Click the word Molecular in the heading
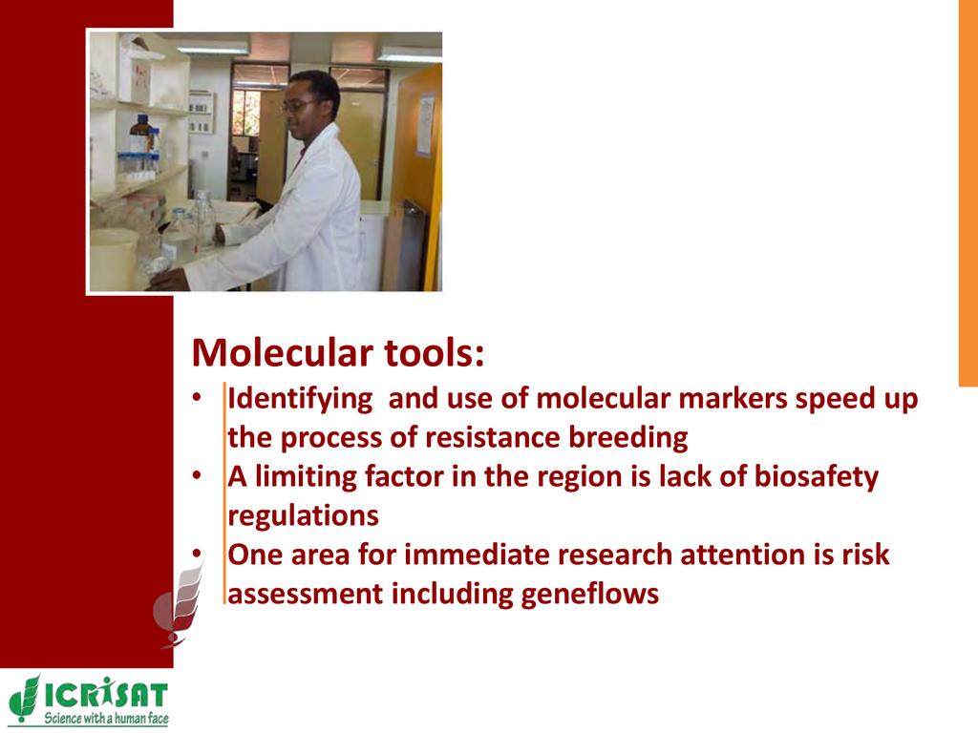point(282,353)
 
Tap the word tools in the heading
point(434,353)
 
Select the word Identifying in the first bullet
point(300,400)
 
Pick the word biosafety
point(816,477)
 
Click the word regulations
point(303,516)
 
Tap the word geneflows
point(589,594)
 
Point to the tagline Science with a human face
point(106,718)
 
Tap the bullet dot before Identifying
point(197,398)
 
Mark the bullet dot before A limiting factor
point(197,476)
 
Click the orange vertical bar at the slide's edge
point(968,193)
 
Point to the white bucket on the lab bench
point(115,258)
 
